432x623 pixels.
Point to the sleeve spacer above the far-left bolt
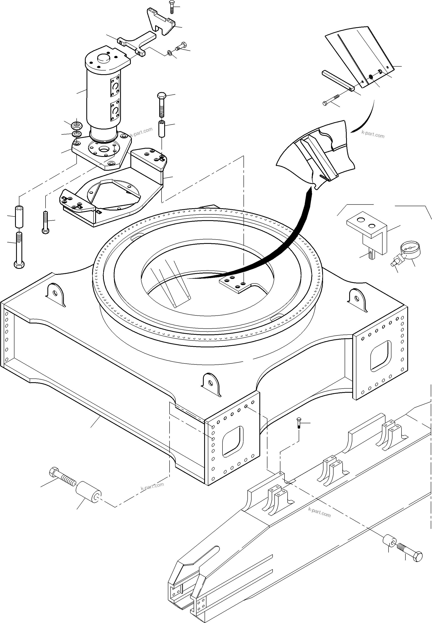(x=19, y=217)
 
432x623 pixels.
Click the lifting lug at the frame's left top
(x=55, y=294)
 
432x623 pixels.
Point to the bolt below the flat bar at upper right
(x=332, y=100)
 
